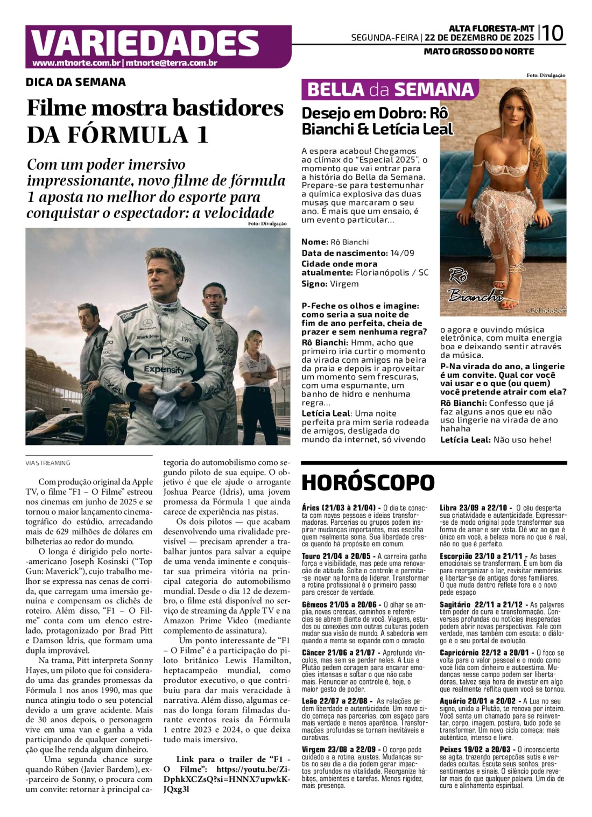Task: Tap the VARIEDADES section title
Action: (145, 43)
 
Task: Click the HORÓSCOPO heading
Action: (368, 483)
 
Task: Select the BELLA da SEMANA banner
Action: (390, 89)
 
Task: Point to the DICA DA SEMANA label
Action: (76, 82)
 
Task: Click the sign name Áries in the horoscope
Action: (311, 508)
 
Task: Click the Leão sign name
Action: (309, 701)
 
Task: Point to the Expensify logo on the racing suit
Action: (164, 370)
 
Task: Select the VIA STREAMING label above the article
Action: (48, 463)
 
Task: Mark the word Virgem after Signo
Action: (344, 284)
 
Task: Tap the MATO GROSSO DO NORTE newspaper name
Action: (479, 52)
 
